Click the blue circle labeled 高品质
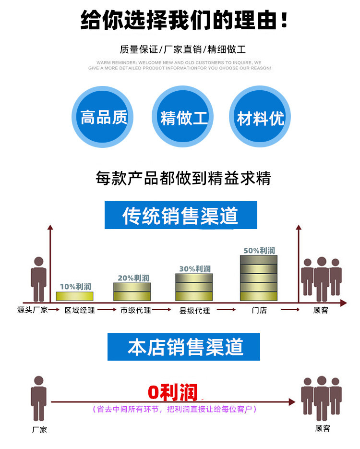point(103,117)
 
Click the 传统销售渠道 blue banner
point(181,215)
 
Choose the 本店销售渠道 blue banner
point(183,347)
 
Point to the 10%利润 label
point(75,287)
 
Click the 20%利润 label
point(133,278)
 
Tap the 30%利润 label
point(195,269)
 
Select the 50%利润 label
point(259,250)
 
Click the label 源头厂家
point(32,310)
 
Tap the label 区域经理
point(80,310)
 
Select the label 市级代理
point(136,310)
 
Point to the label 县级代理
point(194,311)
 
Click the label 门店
point(259,310)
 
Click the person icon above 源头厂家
point(38,279)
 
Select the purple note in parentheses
point(174,409)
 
